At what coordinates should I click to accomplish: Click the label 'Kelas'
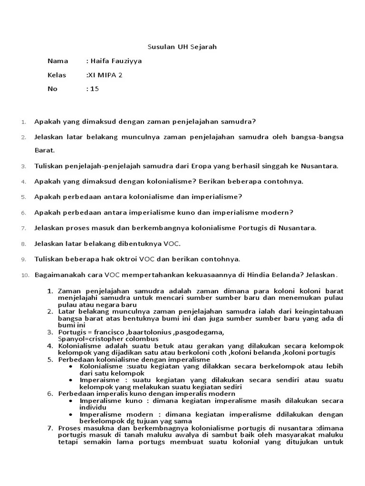(56, 75)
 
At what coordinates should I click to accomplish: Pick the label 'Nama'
(58, 61)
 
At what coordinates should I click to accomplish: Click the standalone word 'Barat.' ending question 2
(45, 150)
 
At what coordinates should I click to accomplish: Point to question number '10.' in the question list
(26, 275)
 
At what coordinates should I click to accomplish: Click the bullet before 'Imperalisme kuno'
(71, 401)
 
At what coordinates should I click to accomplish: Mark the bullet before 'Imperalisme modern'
(71, 414)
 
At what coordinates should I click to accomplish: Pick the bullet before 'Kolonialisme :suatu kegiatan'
(71, 366)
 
